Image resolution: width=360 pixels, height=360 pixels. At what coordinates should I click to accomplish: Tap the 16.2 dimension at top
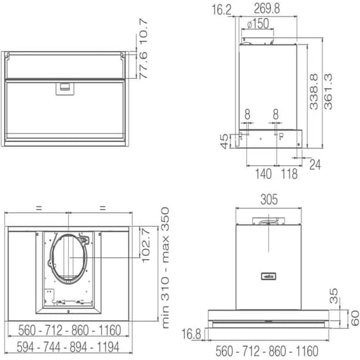pyautogui.click(x=221, y=9)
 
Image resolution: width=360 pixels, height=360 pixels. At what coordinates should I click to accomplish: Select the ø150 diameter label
pyautogui.click(x=257, y=24)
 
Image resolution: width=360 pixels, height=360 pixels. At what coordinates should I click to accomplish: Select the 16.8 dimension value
pyautogui.click(x=192, y=333)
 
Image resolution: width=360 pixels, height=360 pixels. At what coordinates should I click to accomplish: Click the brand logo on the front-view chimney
pyautogui.click(x=268, y=276)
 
